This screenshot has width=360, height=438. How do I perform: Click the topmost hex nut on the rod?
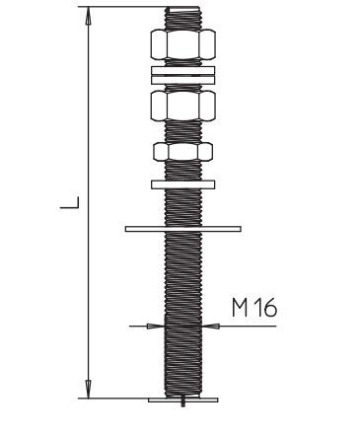pyautogui.click(x=183, y=44)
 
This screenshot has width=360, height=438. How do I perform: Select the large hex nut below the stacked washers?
pyautogui.click(x=183, y=106)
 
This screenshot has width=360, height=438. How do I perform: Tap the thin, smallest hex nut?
pyautogui.click(x=183, y=152)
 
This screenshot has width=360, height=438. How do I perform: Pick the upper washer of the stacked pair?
pyautogui.click(x=183, y=70)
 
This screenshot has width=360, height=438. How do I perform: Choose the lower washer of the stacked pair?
pyautogui.click(x=183, y=80)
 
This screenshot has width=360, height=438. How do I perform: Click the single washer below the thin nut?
pyautogui.click(x=183, y=184)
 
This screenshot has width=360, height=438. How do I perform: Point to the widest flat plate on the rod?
pyautogui.click(x=183, y=229)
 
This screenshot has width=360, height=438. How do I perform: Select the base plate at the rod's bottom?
pyautogui.click(x=183, y=400)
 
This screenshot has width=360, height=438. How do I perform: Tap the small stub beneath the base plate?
pyautogui.click(x=183, y=404)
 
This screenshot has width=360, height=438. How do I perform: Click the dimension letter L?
pyautogui.click(x=70, y=202)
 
